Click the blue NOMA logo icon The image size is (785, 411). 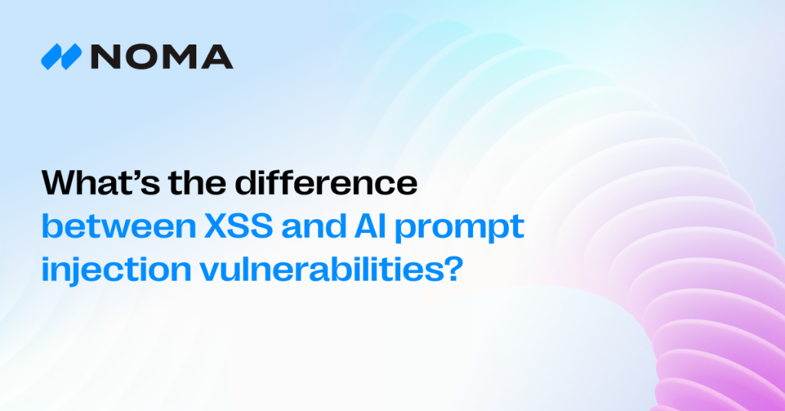click(x=61, y=58)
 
